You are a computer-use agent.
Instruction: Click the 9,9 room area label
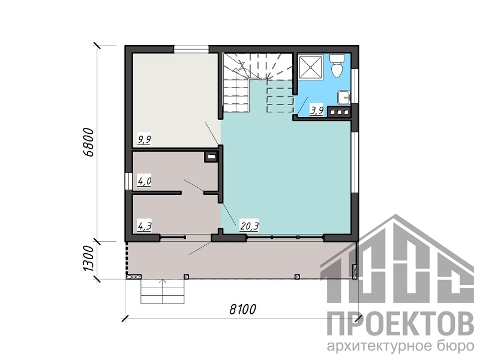tap(144, 140)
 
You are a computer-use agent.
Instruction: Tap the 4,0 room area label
tap(144, 182)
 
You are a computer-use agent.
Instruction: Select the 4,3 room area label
tap(145, 226)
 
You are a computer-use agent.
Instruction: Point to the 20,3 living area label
tap(250, 226)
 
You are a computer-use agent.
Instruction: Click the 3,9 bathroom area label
tap(317, 110)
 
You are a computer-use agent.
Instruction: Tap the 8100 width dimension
tap(242, 310)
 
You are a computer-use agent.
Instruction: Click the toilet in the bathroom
tap(337, 65)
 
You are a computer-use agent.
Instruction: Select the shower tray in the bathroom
tap(311, 66)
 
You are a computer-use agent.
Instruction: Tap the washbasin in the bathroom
tap(344, 98)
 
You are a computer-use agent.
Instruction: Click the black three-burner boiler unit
tap(339, 112)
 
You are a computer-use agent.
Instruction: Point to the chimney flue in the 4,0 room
tap(211, 157)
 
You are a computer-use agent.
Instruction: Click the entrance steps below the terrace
tap(163, 291)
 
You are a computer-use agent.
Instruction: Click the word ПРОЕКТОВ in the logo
tap(400, 323)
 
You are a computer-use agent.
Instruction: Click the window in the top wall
tap(191, 49)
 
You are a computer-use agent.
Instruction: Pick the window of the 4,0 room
tap(128, 182)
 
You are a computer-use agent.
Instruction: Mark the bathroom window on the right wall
tap(355, 86)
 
